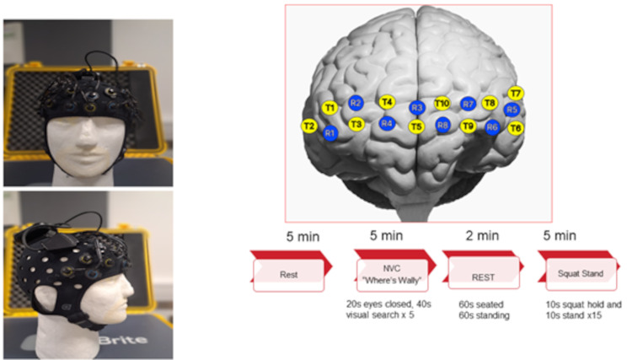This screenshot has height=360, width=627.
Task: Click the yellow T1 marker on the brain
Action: (x=330, y=107)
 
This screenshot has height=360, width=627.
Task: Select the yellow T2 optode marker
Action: (x=309, y=126)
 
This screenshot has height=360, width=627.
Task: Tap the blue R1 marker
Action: (x=330, y=133)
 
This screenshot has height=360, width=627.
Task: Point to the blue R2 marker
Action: (x=356, y=103)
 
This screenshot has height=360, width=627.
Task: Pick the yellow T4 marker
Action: (x=387, y=102)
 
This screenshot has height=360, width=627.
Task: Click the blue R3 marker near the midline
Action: (x=416, y=108)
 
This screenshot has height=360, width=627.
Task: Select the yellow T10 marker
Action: (x=442, y=104)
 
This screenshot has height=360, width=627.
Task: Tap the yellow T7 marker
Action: (x=516, y=93)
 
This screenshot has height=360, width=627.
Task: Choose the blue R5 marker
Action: (x=511, y=110)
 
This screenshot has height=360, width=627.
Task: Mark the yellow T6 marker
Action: (x=516, y=127)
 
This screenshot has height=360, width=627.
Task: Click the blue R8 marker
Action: (x=442, y=126)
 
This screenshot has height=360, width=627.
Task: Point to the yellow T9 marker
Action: (x=469, y=126)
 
